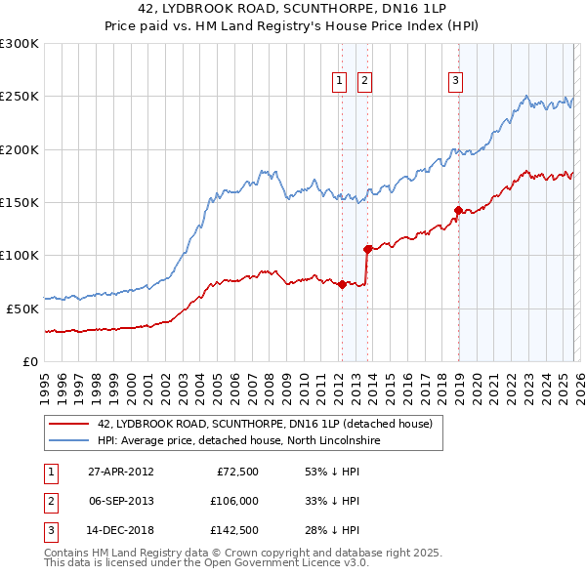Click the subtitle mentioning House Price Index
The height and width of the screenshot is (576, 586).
point(292,28)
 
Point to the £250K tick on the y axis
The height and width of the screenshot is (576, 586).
point(20,97)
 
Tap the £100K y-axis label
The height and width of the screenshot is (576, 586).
point(20,255)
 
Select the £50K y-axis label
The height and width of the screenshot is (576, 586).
point(22,308)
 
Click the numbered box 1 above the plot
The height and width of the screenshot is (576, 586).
point(340,81)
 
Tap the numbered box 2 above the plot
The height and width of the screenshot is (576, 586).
point(364,81)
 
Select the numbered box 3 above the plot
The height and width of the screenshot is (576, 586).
point(456,81)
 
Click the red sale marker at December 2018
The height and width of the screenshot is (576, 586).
point(457,210)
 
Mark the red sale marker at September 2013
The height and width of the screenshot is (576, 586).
point(367,249)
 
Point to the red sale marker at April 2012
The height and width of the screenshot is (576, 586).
point(343,284)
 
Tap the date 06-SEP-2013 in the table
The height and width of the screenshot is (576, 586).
point(122,501)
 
